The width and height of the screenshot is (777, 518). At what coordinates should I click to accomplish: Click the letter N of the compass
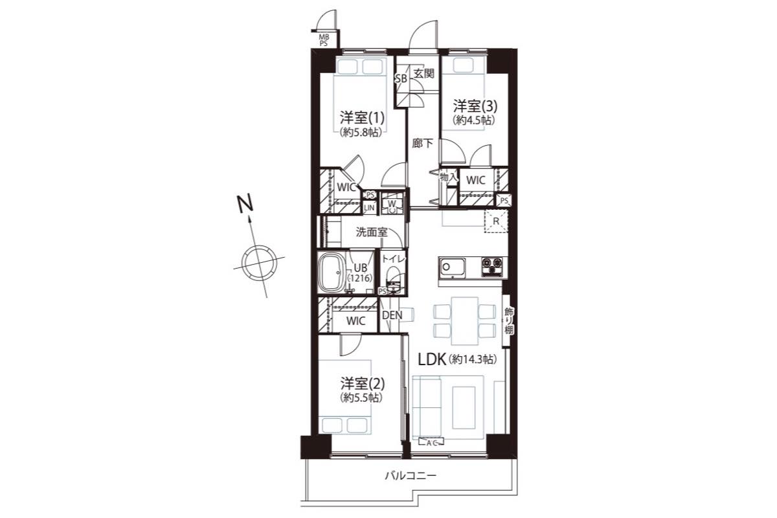tap(245, 204)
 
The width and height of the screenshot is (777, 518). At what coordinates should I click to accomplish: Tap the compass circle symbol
tap(259, 262)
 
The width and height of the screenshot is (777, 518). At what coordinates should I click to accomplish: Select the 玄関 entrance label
tap(424, 74)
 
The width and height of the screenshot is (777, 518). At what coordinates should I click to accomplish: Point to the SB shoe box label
tap(401, 79)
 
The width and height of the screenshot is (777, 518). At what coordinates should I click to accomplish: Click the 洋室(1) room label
tap(362, 118)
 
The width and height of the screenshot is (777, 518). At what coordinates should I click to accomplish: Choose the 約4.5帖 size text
tap(474, 120)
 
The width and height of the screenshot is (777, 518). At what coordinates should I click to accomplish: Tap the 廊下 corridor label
tap(422, 143)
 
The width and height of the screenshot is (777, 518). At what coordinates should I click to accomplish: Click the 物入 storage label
tap(449, 177)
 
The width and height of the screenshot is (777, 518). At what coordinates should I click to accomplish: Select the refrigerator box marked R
tap(496, 221)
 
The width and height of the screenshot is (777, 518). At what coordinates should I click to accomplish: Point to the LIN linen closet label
tap(369, 207)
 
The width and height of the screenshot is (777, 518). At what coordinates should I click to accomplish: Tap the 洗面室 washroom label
tap(372, 232)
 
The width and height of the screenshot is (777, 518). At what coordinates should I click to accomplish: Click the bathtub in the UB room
tap(330, 273)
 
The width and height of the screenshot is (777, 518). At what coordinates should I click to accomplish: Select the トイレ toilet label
tap(393, 259)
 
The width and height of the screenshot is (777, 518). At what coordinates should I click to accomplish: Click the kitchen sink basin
tap(453, 267)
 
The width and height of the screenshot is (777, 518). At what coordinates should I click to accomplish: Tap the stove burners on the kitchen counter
tap(491, 267)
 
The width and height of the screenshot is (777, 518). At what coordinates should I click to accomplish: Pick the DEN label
tap(392, 315)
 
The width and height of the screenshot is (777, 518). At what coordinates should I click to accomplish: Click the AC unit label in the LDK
tap(431, 442)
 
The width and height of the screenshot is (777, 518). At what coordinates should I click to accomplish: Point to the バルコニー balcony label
tap(411, 475)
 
